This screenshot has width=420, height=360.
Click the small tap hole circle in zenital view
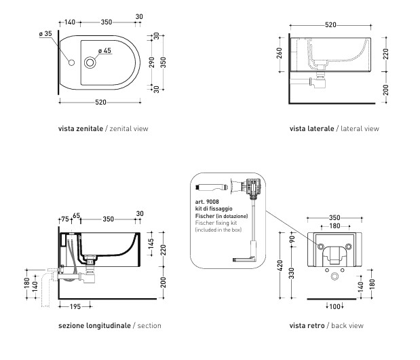pyautogui.click(x=71, y=64)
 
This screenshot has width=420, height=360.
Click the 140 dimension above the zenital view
pyautogui.click(x=71, y=22)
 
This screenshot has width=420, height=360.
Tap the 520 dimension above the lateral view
pyautogui.click(x=330, y=24)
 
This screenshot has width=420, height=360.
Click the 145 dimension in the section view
pyautogui.click(x=151, y=242)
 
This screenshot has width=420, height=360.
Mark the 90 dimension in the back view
pyautogui.click(x=292, y=240)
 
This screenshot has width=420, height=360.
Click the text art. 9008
pyautogui.click(x=206, y=202)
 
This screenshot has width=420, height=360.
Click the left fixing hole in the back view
pyautogui.click(x=320, y=245)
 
